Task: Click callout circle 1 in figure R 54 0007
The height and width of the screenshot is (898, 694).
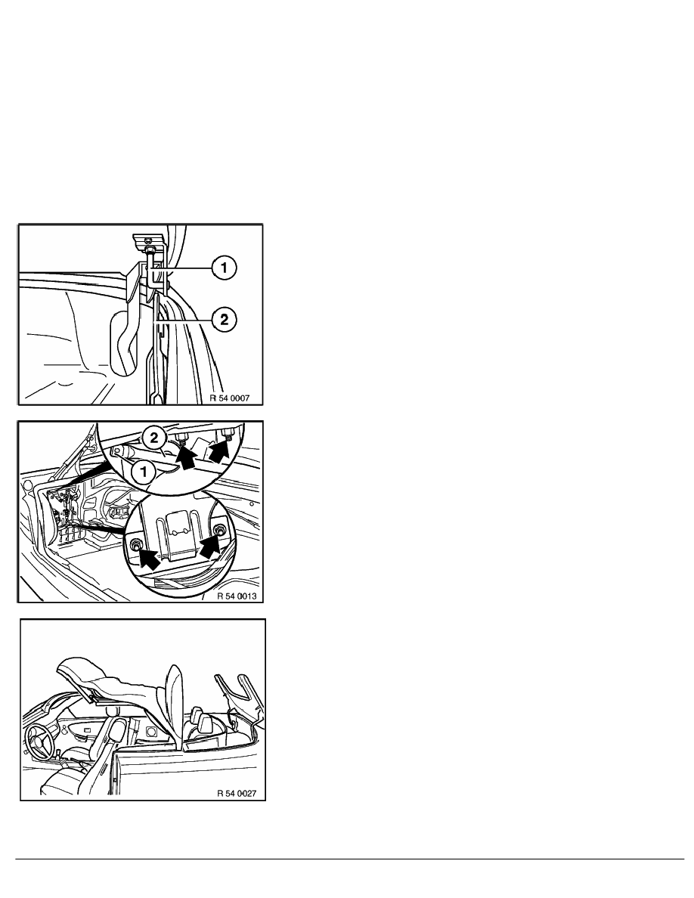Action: coord(224,268)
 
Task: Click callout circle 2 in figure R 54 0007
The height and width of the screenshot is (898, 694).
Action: coord(224,319)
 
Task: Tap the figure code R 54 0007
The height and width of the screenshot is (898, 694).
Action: coord(230,398)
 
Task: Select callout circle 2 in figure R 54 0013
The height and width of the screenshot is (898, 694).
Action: coord(153,439)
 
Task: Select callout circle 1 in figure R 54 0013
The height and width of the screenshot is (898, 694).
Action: coord(143,472)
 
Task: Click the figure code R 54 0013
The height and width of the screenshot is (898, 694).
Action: coord(237,596)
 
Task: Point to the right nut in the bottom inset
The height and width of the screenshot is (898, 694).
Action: coord(219,531)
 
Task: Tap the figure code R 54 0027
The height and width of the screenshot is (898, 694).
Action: coord(237,793)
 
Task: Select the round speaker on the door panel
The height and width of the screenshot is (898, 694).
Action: coord(153,732)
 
